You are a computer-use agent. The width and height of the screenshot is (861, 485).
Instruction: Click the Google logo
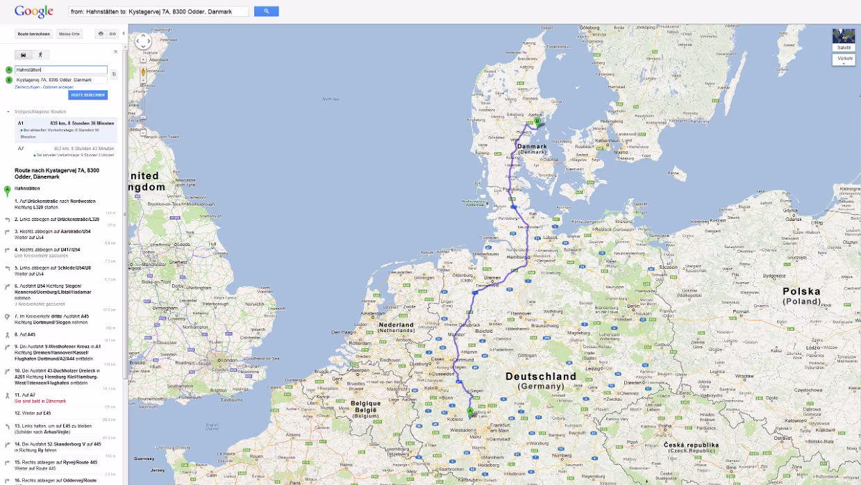click(34, 11)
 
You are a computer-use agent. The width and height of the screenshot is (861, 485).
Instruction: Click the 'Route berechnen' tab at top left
click(33, 33)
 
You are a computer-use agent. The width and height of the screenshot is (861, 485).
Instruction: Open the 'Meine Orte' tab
click(69, 33)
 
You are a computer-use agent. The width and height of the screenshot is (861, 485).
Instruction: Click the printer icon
click(101, 33)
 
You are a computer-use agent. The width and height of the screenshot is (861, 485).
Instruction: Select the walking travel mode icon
click(40, 54)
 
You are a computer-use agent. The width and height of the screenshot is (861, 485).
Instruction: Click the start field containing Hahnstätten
click(61, 70)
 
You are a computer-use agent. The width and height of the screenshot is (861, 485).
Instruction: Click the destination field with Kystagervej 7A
click(61, 80)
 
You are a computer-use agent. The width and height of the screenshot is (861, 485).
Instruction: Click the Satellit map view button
click(844, 47)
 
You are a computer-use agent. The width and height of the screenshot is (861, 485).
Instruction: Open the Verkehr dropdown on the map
click(844, 58)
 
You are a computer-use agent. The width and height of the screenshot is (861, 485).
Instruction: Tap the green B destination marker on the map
click(537, 122)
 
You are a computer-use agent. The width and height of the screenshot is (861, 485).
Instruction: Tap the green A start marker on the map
click(470, 411)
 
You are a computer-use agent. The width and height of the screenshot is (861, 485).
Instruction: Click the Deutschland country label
click(541, 377)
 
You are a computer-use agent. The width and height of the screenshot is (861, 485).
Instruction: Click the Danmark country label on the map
click(532, 147)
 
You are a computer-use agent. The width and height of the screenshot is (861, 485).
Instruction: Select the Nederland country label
click(395, 325)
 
